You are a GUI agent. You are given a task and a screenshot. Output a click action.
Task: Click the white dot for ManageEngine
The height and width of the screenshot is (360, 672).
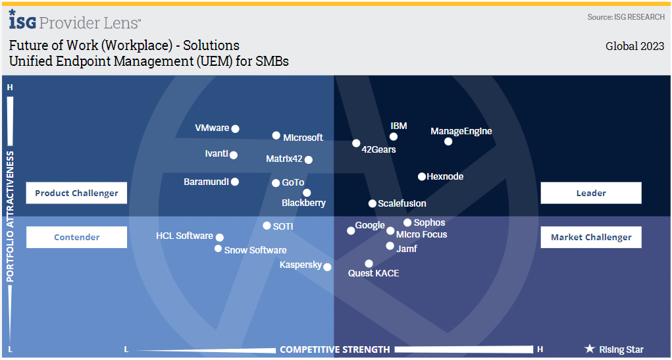pos(448,141)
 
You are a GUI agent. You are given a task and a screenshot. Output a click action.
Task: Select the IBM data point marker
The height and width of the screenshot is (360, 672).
pos(394,137)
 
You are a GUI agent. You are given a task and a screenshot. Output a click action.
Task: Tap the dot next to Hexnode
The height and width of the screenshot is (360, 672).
pos(422,176)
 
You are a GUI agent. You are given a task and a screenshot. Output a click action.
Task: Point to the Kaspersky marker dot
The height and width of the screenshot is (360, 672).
pos(327,267)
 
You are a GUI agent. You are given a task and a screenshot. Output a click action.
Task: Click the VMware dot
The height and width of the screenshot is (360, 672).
pos(235,128)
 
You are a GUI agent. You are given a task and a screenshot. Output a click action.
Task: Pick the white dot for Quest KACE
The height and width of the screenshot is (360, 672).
pos(369,263)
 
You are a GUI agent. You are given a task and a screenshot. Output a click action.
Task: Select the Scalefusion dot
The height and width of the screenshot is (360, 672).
pos(373,203)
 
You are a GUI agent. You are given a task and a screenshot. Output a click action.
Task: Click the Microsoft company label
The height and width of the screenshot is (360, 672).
pos(303,138)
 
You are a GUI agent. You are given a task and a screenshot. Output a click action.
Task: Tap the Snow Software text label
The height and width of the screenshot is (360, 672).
pos(255,250)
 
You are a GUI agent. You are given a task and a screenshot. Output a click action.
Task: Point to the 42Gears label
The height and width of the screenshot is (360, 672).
pos(379,149)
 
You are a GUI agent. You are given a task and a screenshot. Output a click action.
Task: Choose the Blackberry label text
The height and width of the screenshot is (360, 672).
pos(303,203)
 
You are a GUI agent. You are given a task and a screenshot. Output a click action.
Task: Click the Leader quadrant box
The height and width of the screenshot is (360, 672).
pos(591,193)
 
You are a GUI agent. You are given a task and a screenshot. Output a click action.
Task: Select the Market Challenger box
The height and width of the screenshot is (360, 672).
pos(591,237)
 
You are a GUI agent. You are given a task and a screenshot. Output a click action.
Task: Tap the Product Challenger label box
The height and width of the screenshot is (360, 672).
pos(77,193)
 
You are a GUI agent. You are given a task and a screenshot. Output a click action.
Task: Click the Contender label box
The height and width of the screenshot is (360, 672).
pos(77,237)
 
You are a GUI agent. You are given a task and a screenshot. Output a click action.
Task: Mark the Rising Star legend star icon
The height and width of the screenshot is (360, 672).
pos(590,349)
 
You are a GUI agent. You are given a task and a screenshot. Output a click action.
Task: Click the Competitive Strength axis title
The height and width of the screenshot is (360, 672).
pos(335,349)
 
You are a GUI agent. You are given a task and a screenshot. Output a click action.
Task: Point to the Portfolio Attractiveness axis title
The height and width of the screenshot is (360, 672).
pos(10,217)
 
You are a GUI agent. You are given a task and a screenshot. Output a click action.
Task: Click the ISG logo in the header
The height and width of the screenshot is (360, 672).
pos(22,20)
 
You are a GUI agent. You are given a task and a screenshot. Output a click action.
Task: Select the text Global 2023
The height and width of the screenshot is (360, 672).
pos(634,46)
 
